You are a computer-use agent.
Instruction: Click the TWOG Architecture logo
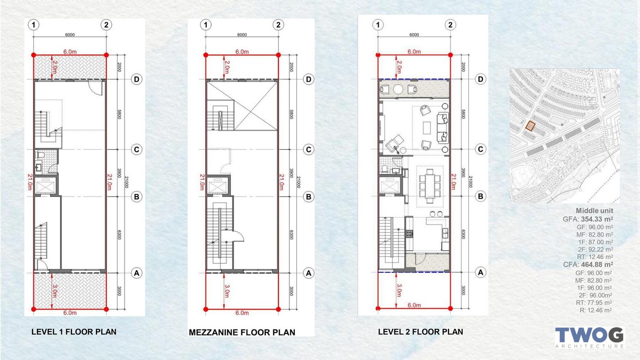(590, 338)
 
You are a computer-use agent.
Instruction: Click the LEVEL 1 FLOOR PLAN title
(74, 332)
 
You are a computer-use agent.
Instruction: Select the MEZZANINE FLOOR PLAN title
(242, 332)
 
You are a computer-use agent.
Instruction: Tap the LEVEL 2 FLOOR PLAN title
(420, 332)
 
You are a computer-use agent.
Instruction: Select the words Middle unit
(594, 211)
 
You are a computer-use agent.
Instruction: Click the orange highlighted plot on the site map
(530, 126)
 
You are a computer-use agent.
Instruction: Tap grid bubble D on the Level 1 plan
(136, 79)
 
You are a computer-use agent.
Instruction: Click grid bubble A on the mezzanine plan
(309, 273)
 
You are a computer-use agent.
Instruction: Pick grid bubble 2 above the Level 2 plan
(450, 25)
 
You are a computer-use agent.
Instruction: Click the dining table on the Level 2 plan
(430, 186)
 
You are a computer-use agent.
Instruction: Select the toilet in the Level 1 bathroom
(40, 155)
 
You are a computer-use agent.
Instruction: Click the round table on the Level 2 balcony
(398, 90)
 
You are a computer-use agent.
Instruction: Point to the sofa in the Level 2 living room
(443, 128)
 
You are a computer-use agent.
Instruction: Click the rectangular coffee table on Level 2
(427, 128)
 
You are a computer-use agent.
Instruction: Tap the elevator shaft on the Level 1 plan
(46, 186)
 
